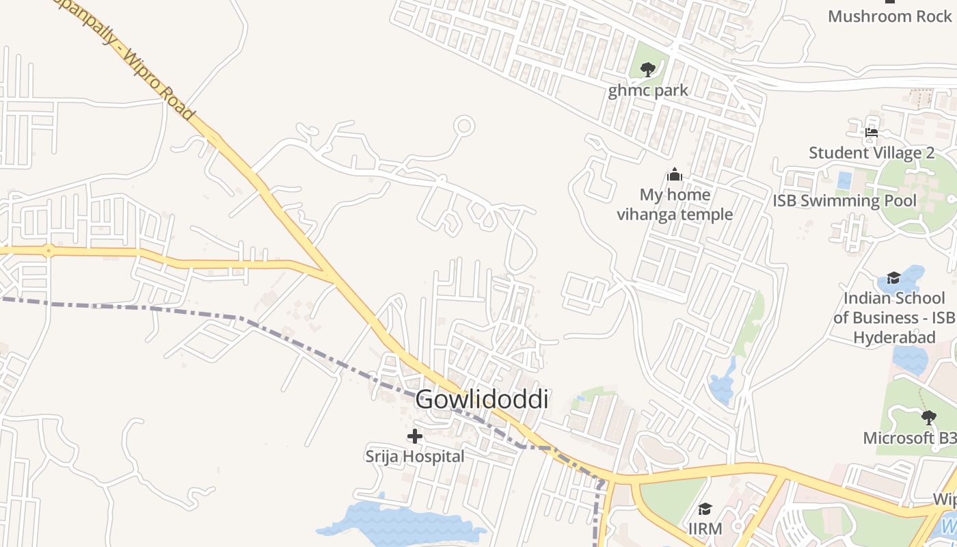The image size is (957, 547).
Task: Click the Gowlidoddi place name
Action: [482, 399]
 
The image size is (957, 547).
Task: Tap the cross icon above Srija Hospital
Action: [414, 436]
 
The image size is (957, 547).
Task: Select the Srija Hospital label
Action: [414, 456]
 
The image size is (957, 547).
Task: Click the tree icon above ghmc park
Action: [648, 69]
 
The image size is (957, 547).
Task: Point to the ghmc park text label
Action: [648, 90]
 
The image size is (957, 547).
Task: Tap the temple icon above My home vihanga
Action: [675, 175]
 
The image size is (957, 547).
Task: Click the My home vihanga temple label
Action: [675, 204]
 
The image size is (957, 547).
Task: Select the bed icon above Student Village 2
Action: [872, 133]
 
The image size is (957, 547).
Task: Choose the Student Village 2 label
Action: [872, 152]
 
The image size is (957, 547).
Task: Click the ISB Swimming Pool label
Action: [844, 200]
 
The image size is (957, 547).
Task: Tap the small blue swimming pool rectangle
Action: [844, 181]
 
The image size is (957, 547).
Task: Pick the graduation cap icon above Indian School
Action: [893, 278]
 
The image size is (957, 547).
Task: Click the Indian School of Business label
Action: [893, 317]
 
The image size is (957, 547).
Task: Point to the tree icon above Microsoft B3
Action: [928, 417]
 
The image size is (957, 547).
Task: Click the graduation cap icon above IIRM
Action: [705, 509]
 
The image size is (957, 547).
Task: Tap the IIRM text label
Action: [705, 529]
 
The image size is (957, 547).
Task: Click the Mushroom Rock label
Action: [889, 16]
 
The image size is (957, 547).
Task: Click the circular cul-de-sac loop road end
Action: [465, 126]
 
